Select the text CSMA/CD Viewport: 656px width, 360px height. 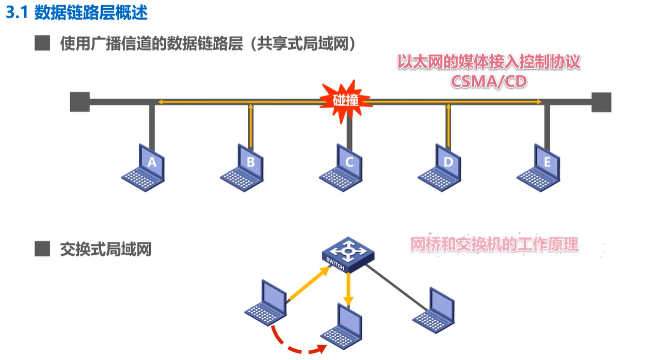pos(488,81)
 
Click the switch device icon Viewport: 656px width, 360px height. pos(348,254)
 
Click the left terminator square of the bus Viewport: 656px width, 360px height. pos(80,102)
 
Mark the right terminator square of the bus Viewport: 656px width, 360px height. pos(601,102)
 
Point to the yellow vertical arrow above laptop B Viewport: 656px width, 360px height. pos(251,125)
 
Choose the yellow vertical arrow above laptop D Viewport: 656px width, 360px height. pos(448,125)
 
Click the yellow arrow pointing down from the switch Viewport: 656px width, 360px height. pos(348,289)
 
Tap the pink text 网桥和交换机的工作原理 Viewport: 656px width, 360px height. pos(494,244)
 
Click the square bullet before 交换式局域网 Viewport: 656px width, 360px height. pos(42,249)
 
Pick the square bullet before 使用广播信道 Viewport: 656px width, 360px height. pos(42,43)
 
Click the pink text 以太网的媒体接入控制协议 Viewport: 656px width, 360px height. pos(488,62)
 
